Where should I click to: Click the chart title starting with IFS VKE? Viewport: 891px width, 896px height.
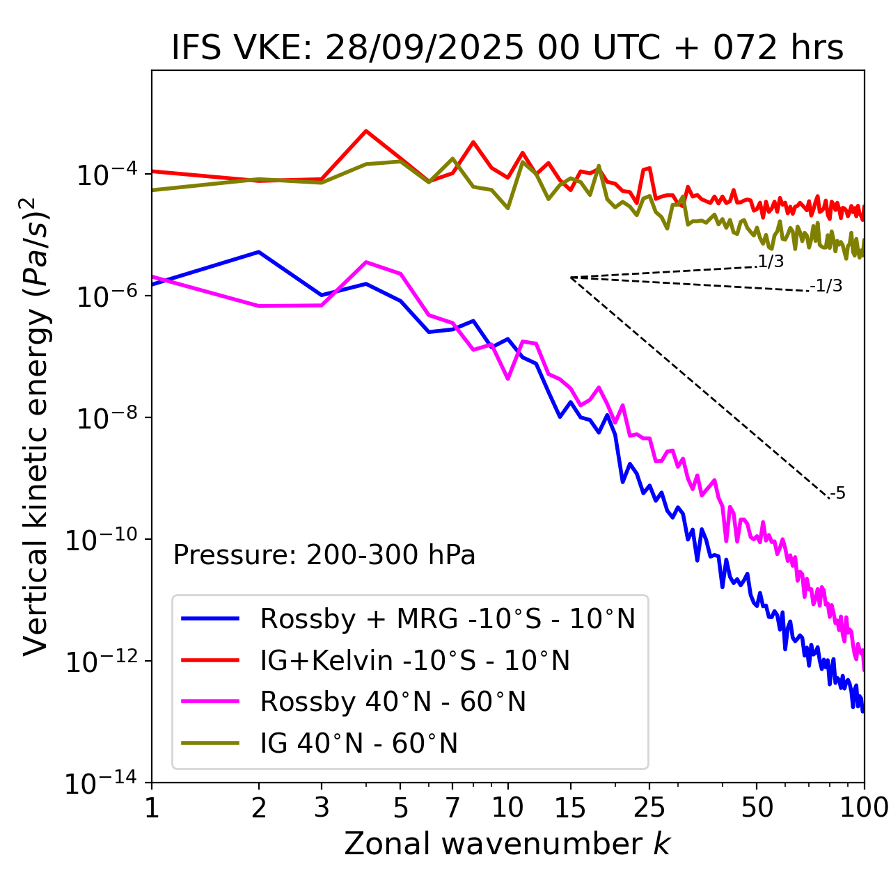tap(507, 49)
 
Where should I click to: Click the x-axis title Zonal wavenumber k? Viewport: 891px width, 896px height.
tap(507, 844)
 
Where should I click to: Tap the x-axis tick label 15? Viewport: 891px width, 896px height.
tap(570, 808)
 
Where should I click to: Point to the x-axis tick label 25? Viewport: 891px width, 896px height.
tap(649, 808)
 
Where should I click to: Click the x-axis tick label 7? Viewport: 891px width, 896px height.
tap(452, 808)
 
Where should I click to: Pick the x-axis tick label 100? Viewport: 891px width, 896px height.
tap(864, 808)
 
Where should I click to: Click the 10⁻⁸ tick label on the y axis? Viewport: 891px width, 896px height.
tap(105, 419)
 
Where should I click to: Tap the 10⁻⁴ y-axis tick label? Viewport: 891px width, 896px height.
tap(105, 175)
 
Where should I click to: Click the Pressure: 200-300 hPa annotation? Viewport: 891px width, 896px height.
tap(324, 555)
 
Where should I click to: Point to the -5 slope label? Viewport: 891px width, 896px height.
tap(837, 494)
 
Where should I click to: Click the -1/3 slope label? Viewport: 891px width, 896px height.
tap(826, 286)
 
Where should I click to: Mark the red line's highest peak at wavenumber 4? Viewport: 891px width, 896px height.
tap(366, 131)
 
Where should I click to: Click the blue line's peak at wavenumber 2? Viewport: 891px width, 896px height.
tap(259, 252)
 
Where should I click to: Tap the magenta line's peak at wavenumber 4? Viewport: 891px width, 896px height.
tap(366, 262)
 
